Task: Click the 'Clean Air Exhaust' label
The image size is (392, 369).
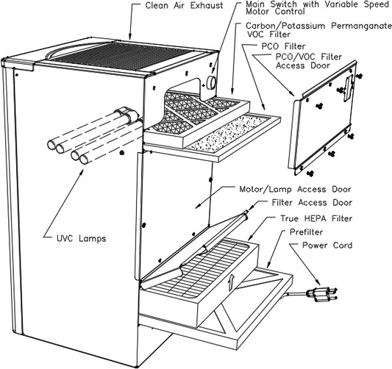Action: [184, 6]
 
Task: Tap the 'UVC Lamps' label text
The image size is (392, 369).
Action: [81, 238]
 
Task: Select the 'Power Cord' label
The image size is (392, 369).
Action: [327, 245]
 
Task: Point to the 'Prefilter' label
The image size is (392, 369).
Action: [306, 232]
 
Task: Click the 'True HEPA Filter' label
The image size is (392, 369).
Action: [316, 218]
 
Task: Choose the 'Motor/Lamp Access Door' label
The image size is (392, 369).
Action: [295, 189]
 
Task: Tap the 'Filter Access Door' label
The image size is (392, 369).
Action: [312, 202]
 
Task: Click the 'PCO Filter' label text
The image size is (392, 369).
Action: [283, 46]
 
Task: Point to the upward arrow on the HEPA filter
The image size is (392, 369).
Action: [231, 282]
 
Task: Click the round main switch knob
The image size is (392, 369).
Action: [212, 82]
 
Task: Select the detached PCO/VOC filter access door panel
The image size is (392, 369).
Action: [324, 118]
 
